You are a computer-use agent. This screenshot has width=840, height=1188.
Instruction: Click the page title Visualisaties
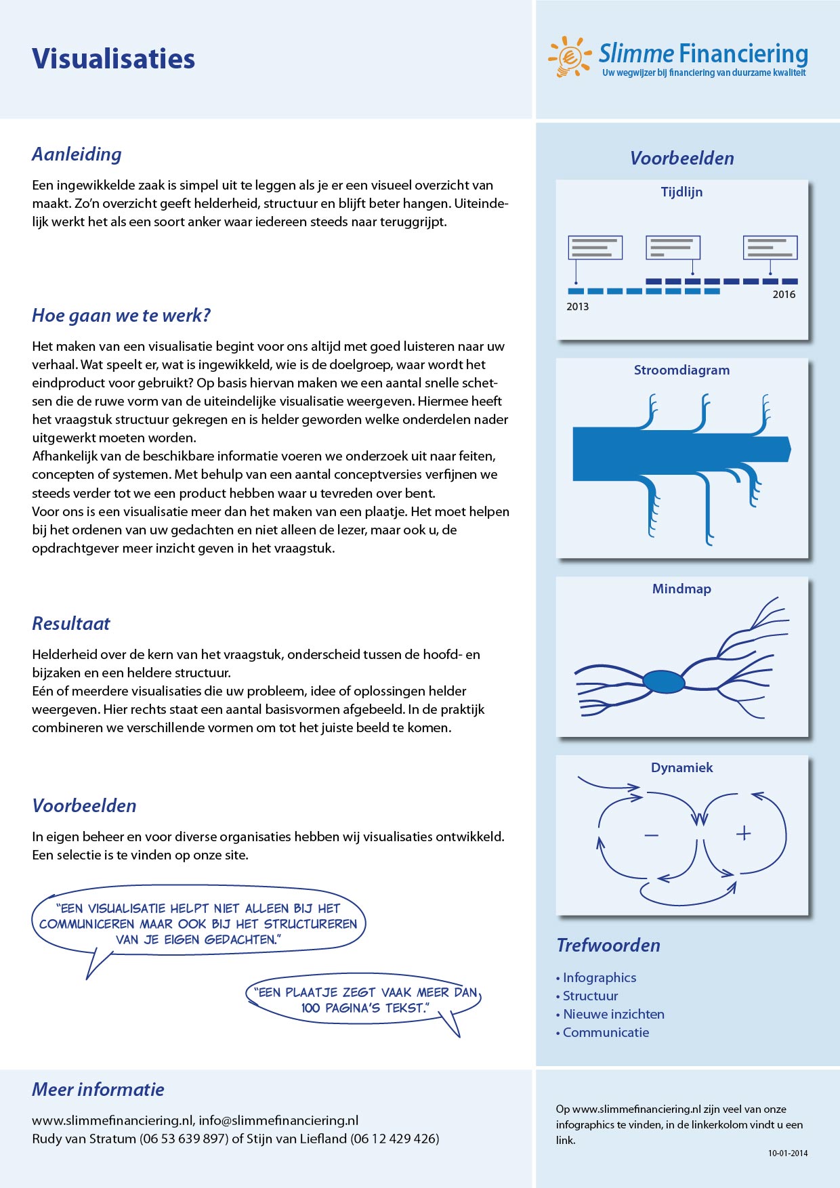tap(113, 59)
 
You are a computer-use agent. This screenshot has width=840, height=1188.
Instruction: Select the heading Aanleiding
tap(77, 154)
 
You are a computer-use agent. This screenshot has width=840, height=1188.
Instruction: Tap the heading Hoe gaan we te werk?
tap(121, 316)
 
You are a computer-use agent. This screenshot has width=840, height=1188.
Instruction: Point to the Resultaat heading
tap(71, 624)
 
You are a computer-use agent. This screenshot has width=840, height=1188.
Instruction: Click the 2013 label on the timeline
tap(577, 307)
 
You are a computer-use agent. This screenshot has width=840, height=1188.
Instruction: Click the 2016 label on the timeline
tap(784, 295)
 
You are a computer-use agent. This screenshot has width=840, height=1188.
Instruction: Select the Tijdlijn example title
tap(681, 192)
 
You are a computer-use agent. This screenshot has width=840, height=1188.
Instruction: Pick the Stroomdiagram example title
tap(681, 370)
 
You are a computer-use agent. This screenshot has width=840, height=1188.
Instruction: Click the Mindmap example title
tap(681, 589)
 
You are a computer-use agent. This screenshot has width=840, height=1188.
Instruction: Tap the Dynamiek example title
tap(681, 768)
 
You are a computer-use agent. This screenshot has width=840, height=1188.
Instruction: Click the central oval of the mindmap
tap(664, 681)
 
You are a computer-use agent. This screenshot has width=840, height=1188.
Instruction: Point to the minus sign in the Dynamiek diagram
tap(651, 836)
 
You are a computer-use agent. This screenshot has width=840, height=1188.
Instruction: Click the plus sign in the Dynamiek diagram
tap(743, 833)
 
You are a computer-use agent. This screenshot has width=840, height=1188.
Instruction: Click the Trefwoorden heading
tap(608, 946)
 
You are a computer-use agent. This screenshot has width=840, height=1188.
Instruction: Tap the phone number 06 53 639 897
tap(184, 1139)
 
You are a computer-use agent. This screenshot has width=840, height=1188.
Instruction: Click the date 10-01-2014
tap(788, 1153)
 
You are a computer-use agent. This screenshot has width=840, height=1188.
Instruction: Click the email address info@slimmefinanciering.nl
tap(278, 1121)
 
